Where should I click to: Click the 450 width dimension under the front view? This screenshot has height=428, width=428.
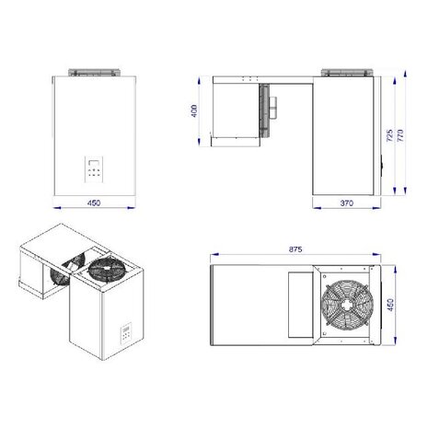[x=93, y=203]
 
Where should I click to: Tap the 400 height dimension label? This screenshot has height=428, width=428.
[x=195, y=113]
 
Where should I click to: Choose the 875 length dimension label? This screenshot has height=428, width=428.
[x=295, y=249]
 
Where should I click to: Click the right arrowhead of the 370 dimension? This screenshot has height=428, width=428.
[x=376, y=209]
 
